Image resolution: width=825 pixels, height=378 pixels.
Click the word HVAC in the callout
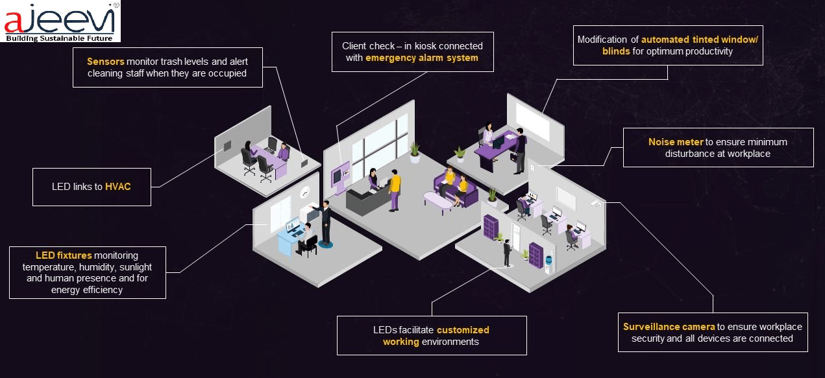point(117,187)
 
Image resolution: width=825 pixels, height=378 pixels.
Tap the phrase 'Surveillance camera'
point(669,327)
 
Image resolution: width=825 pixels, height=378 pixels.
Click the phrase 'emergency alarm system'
point(421,58)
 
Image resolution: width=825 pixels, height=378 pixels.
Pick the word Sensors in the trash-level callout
point(105,62)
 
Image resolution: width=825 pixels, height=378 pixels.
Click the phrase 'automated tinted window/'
point(699,40)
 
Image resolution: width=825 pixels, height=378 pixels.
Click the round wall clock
point(305,192)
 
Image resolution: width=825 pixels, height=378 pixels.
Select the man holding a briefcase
point(519,150)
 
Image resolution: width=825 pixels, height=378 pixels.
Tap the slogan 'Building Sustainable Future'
point(60,38)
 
